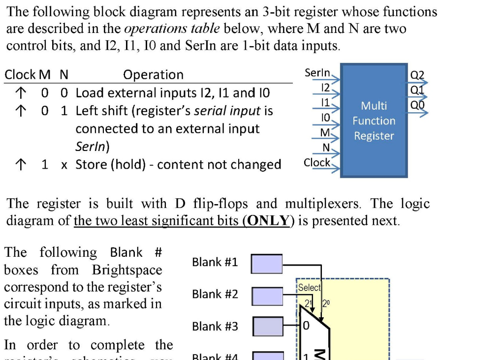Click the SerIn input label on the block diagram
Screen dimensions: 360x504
(317, 73)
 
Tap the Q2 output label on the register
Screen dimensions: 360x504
(417, 76)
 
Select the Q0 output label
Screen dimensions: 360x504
(417, 105)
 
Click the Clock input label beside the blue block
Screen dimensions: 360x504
(317, 162)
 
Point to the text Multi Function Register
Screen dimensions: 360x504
(374, 120)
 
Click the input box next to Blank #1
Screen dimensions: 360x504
(267, 263)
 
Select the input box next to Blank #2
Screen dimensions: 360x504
(267, 295)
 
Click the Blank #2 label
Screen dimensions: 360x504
(215, 294)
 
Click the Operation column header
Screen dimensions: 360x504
(153, 75)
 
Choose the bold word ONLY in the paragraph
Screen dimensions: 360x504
(268, 220)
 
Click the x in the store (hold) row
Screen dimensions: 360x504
(64, 165)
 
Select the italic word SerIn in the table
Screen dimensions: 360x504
(92, 147)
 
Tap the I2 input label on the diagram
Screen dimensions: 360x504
(324, 87)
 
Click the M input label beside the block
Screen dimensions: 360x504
(325, 133)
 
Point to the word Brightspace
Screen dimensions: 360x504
(126, 270)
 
